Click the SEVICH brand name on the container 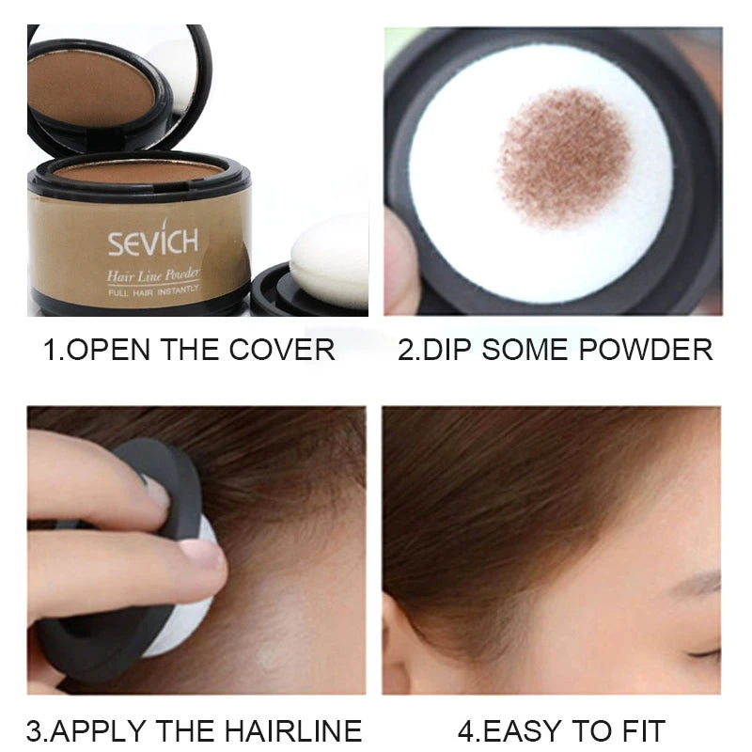(152, 243)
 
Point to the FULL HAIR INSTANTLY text (152, 293)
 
